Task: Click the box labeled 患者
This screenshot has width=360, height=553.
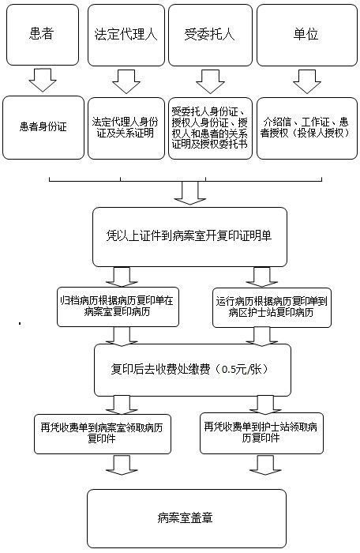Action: [43, 35]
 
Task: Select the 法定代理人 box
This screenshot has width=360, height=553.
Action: [126, 35]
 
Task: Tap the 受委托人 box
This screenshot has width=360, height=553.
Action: [210, 35]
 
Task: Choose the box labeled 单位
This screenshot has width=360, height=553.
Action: [307, 35]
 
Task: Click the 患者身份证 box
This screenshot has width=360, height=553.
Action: [43, 127]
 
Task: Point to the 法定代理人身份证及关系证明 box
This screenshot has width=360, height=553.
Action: [126, 128]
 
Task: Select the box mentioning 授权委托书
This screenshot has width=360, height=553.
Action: [210, 128]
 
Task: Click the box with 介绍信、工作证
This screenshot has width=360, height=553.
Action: [307, 128]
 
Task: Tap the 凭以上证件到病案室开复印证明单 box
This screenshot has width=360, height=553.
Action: [189, 237]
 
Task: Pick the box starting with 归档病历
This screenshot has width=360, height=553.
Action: [118, 307]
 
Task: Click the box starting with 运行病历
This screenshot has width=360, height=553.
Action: [272, 307]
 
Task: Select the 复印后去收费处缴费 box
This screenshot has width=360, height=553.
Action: [192, 370]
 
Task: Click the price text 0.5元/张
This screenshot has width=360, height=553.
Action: [242, 369]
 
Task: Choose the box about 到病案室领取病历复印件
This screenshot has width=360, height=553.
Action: [103, 434]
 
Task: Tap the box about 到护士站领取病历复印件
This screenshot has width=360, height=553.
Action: [261, 433]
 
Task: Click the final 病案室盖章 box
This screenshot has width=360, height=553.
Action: [186, 518]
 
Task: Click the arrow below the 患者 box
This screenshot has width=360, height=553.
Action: [43, 80]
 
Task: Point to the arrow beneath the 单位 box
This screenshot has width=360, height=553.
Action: [307, 81]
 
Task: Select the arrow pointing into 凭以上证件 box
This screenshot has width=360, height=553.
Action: [189, 193]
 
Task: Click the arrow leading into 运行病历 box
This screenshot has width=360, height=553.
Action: [261, 277]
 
